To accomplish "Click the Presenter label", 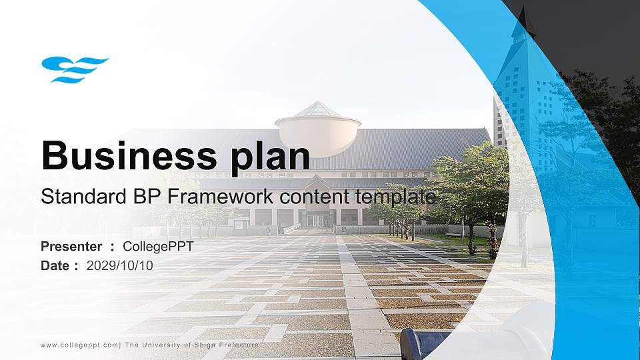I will click(71, 247).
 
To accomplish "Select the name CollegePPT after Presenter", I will click(158, 247).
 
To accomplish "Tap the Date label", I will click(55, 265).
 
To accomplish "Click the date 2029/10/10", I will click(120, 265).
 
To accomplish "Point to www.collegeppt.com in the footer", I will click(79, 345).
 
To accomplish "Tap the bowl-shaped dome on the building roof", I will click(318, 133).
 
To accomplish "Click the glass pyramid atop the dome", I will click(318, 109).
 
